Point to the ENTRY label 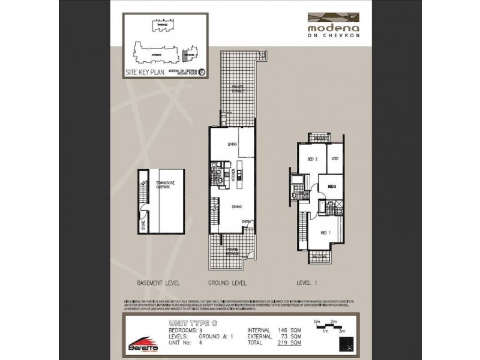click(x=246, y=221)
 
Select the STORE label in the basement click(x=143, y=226)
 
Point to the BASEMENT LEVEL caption click(x=158, y=282)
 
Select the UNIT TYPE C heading click(x=192, y=323)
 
